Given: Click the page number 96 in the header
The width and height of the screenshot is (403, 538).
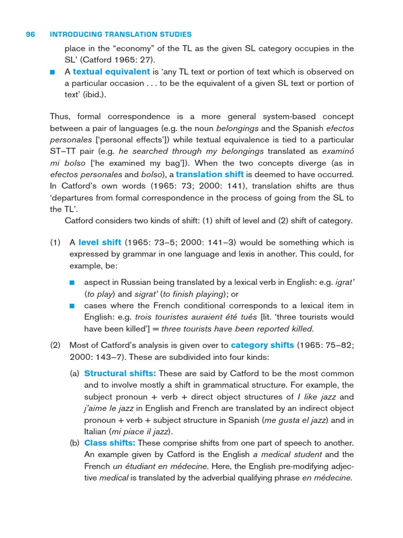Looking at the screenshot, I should pyautogui.click(x=30, y=35).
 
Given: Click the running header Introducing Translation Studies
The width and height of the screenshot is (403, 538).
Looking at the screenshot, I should pyautogui.click(x=120, y=35).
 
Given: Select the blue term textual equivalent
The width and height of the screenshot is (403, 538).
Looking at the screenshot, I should pyautogui.click(x=111, y=71).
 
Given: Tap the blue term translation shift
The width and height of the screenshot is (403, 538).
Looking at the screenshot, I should pyautogui.click(x=209, y=174).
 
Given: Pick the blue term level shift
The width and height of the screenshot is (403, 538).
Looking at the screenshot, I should pyautogui.click(x=100, y=242).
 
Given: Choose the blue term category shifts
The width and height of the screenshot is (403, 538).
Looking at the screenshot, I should pyautogui.click(x=262, y=345).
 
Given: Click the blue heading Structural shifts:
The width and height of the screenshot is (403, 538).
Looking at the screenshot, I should pyautogui.click(x=120, y=374).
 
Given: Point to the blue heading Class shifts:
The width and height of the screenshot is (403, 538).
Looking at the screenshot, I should pyautogui.click(x=110, y=443).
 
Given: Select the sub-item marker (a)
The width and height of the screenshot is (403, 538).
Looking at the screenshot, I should pyautogui.click(x=75, y=374).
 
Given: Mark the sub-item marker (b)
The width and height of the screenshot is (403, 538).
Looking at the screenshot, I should pyautogui.click(x=75, y=443).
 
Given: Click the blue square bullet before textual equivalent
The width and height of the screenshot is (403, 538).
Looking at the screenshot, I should pyautogui.click(x=52, y=72).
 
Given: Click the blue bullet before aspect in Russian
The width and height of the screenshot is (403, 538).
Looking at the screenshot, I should pyautogui.click(x=72, y=283).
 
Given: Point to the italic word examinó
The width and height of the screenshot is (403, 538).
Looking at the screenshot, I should pyautogui.click(x=337, y=151).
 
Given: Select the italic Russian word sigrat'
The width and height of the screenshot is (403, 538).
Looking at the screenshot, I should pyautogui.click(x=146, y=294).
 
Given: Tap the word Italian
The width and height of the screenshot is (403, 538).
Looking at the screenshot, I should pyautogui.click(x=96, y=431).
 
